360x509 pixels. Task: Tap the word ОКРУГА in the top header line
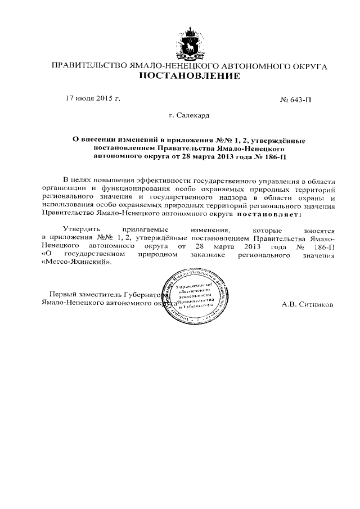309,66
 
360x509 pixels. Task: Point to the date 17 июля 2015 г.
93,98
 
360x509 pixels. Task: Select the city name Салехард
193,115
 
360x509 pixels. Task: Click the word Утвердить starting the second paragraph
82,231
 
